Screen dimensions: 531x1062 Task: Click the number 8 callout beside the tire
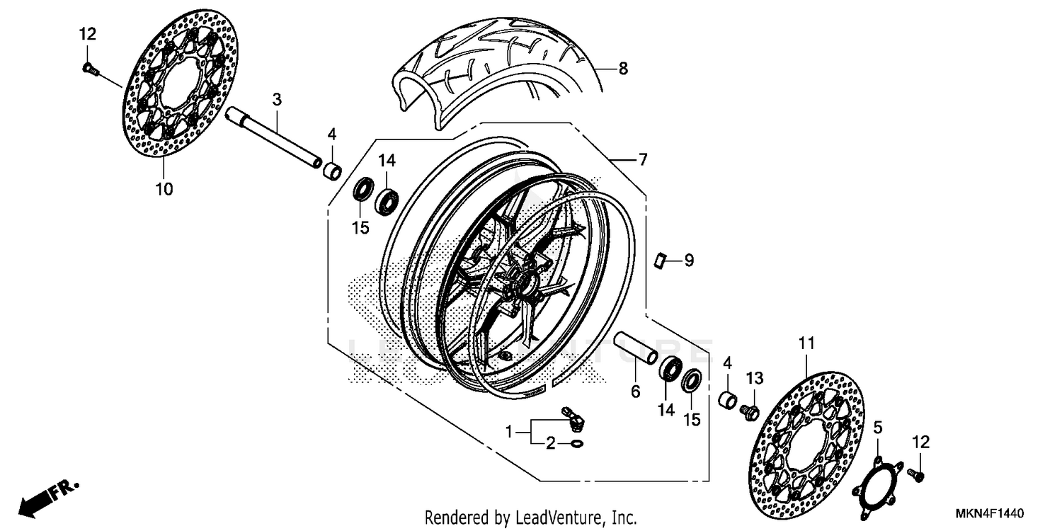[x=622, y=69]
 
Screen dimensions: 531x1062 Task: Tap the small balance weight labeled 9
[x=660, y=261]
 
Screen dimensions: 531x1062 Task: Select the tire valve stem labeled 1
[x=571, y=418]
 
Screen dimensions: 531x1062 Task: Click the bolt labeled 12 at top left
[x=90, y=69]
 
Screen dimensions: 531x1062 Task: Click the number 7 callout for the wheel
[x=642, y=160]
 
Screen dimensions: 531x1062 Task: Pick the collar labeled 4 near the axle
[x=332, y=171]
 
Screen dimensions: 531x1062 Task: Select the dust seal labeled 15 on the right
[x=692, y=380]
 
